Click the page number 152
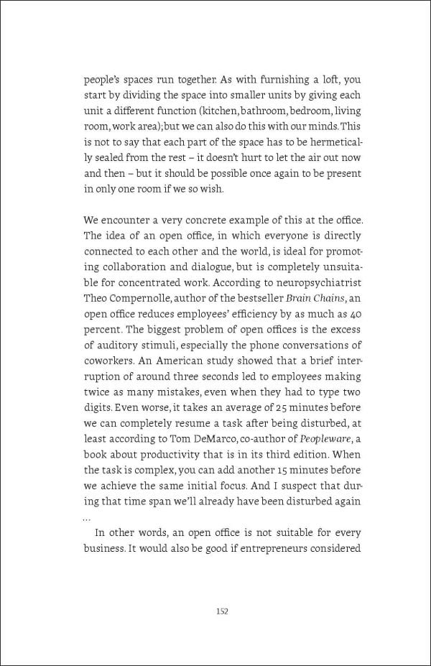(x=222, y=611)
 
